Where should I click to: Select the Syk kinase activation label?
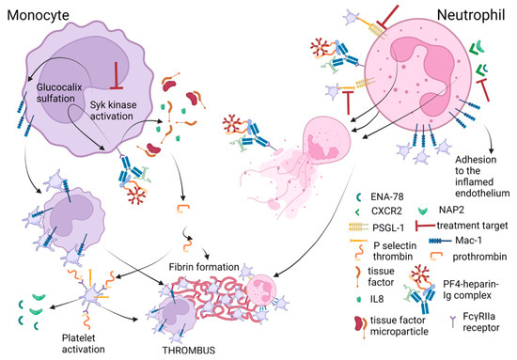coord(132,102)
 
